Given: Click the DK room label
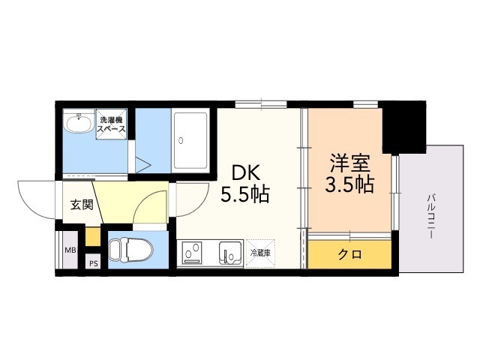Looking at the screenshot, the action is (x=246, y=173).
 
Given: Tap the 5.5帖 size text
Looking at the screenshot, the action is (x=245, y=195).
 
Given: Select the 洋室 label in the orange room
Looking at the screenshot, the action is (x=349, y=163).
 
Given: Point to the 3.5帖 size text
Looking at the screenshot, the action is (x=349, y=184).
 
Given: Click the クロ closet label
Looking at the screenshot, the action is (x=350, y=254).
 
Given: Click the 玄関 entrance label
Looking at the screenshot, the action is (x=82, y=205).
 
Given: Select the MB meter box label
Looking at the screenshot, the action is (x=70, y=250).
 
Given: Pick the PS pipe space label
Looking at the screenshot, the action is (x=94, y=263).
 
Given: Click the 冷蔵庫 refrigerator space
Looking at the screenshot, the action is (x=260, y=253).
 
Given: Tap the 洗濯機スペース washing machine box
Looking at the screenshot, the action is (x=111, y=124).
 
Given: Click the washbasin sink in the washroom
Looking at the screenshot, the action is (x=79, y=123).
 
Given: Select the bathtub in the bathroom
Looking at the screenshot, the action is (x=190, y=140).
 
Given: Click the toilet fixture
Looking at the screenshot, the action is (x=130, y=250).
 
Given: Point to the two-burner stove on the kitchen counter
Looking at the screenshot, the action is (x=192, y=253).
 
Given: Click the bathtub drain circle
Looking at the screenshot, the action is (x=181, y=140).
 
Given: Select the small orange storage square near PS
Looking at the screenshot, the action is (x=92, y=236).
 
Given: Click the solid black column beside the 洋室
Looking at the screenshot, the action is (x=403, y=127).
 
